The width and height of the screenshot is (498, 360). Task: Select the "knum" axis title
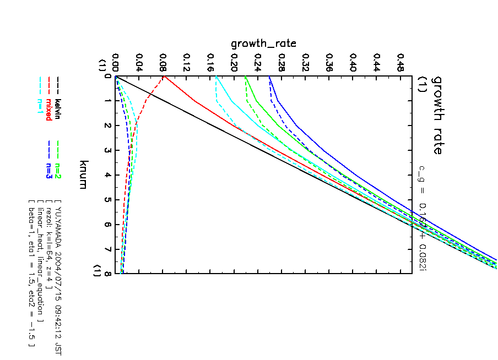click(x=83, y=174)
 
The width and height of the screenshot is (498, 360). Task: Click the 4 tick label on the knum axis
click(x=108, y=175)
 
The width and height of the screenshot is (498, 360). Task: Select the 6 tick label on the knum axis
click(x=108, y=225)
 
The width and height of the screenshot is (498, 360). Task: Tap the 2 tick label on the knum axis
click(x=108, y=126)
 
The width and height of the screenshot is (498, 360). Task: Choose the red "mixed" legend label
click(x=49, y=108)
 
